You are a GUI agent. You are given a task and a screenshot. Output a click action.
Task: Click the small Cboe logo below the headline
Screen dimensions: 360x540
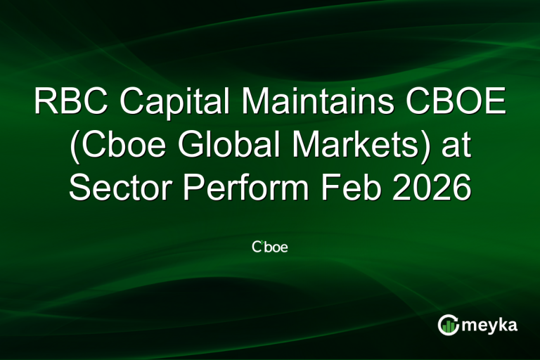[x=270, y=247]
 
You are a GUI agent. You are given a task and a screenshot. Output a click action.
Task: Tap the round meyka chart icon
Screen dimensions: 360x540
[x=448, y=325]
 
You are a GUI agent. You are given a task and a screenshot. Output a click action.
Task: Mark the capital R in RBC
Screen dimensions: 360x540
[x=44, y=103]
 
